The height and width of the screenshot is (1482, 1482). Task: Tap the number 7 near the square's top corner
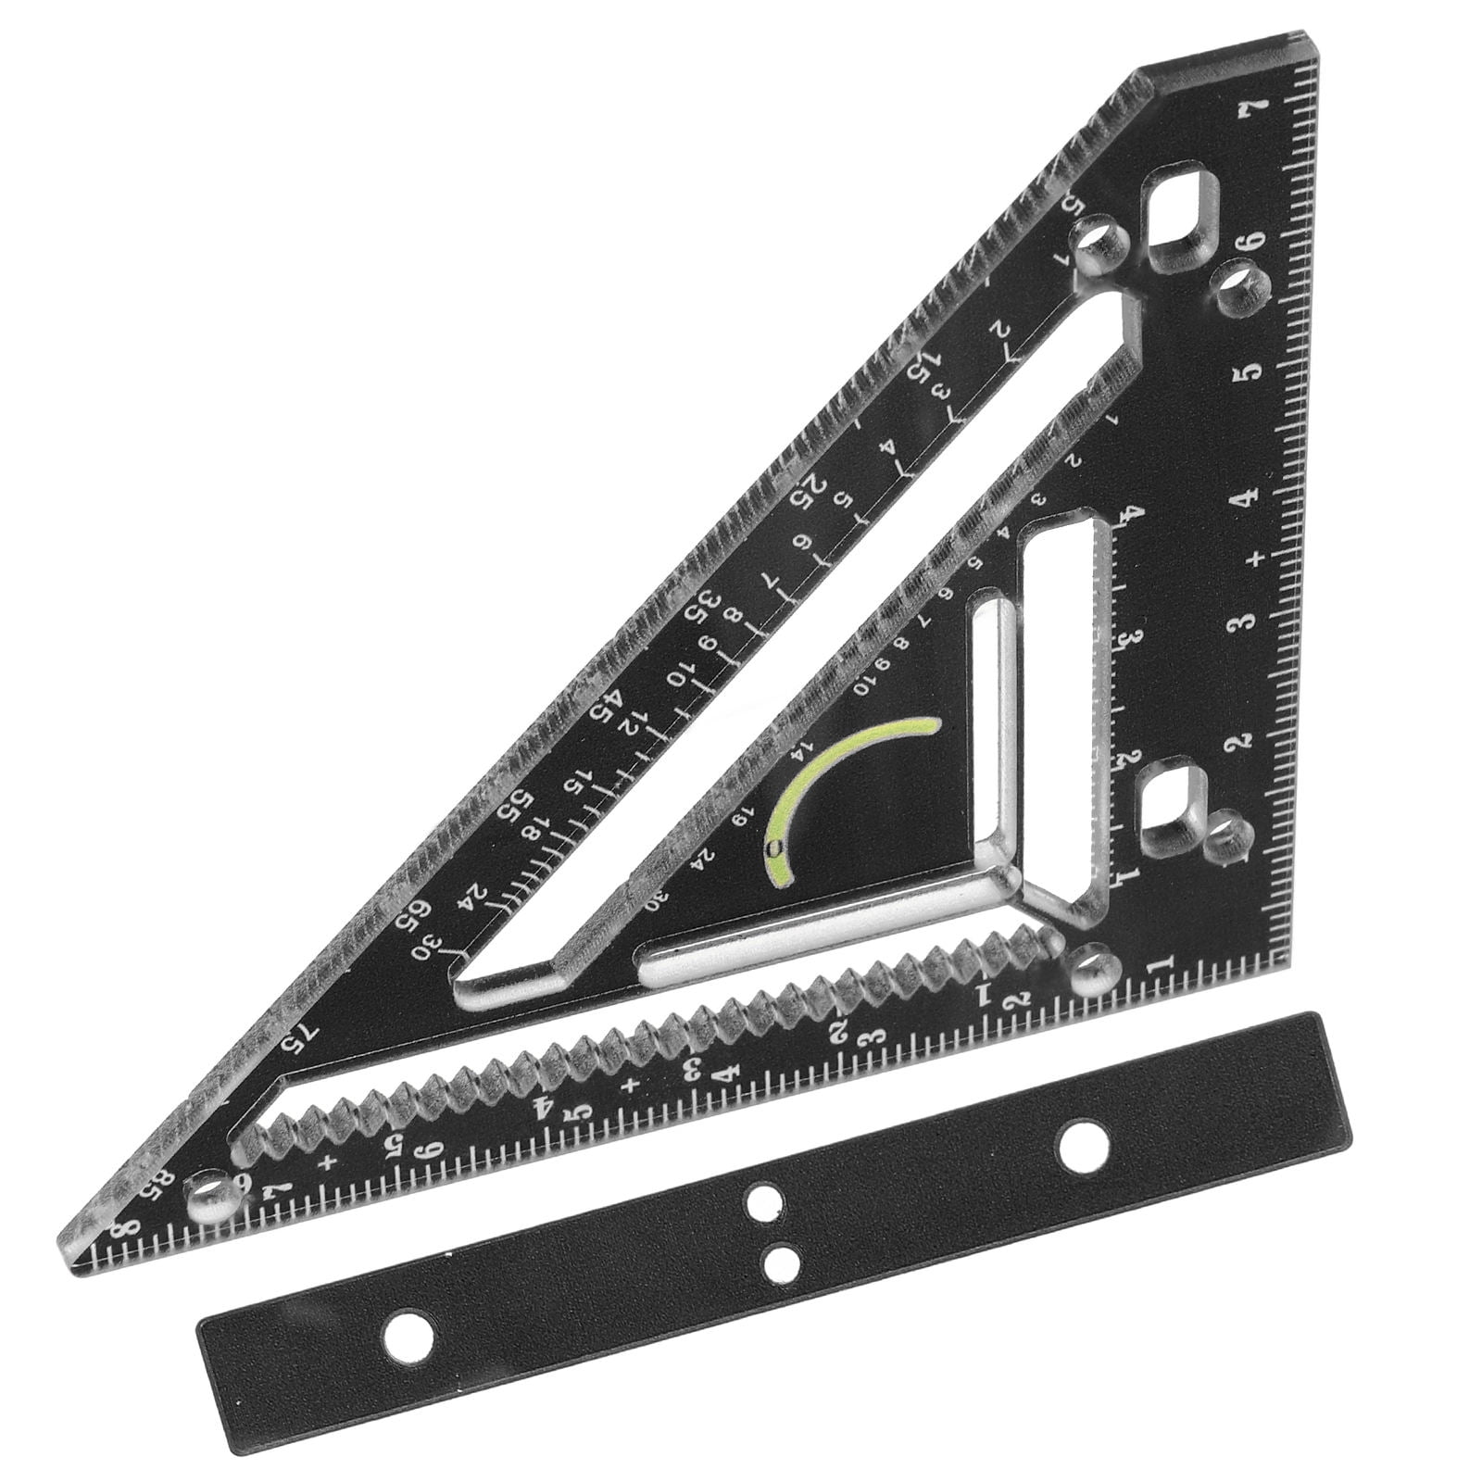[1256, 107]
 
